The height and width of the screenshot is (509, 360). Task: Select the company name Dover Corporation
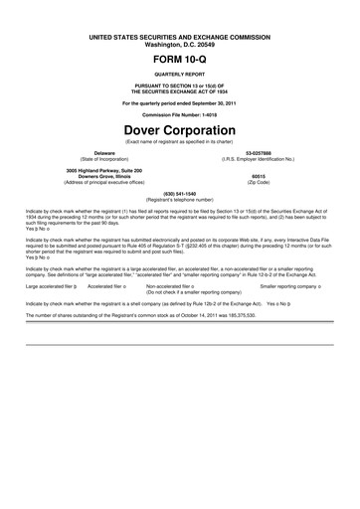pos(179,128)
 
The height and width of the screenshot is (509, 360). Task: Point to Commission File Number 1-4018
pos(179,113)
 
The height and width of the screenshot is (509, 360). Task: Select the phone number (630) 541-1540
pos(179,193)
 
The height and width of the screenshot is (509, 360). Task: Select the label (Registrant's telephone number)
pos(179,199)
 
